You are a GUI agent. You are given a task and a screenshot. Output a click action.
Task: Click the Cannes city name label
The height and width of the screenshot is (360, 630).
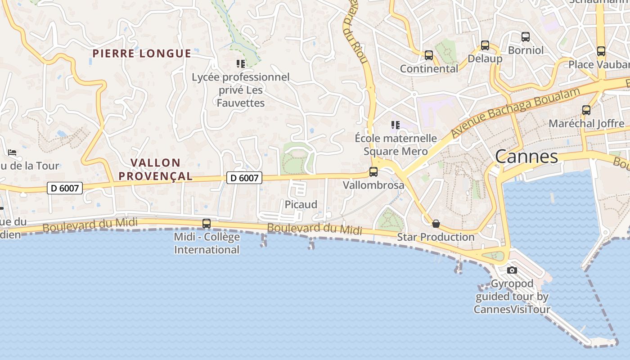(526, 157)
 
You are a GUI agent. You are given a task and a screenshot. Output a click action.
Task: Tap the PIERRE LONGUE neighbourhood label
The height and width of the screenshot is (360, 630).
(142, 54)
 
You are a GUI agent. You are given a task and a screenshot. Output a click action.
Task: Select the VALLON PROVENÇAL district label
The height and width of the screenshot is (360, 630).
(155, 169)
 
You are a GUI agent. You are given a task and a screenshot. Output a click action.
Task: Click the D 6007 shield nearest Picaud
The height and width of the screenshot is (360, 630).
(244, 178)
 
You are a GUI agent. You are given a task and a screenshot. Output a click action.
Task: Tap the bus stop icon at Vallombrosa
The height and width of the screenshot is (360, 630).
(373, 171)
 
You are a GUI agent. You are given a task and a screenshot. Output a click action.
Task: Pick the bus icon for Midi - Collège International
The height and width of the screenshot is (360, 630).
(207, 223)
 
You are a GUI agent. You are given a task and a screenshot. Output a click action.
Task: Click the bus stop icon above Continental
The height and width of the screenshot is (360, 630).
(429, 55)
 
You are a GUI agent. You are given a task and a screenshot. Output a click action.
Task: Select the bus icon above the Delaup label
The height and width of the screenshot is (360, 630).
(485, 45)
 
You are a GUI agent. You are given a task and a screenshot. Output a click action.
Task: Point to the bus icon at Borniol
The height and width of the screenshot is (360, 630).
(526, 37)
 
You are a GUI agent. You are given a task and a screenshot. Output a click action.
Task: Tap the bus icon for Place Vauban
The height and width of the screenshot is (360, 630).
(601, 51)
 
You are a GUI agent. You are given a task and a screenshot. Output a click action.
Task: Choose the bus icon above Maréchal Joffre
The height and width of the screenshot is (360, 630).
(586, 110)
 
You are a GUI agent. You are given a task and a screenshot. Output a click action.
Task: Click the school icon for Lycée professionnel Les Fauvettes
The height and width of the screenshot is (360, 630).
(241, 64)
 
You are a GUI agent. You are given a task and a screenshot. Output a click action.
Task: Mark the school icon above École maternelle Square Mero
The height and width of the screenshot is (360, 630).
(396, 125)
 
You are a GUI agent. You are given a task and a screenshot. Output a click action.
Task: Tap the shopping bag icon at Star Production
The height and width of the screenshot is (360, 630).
(436, 224)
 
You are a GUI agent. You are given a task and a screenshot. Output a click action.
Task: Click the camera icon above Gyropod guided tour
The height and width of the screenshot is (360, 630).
(512, 270)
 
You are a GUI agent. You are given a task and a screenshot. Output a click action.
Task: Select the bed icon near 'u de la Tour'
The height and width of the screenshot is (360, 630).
(12, 153)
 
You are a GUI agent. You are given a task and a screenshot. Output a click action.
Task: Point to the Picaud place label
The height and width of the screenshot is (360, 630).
(301, 204)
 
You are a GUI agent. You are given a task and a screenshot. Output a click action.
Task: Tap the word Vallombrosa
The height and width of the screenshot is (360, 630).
(373, 185)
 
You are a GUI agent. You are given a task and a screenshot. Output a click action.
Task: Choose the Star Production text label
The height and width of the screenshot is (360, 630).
(435, 237)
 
